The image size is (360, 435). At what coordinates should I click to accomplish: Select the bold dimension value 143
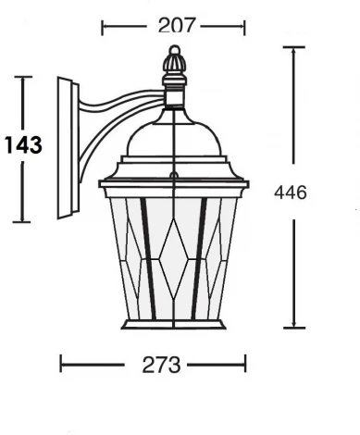pos(22,146)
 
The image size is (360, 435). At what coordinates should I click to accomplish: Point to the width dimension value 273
pos(155,364)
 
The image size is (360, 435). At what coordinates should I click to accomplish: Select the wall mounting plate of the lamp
pos(66,148)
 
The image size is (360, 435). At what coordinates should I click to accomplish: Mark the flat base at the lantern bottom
pos(173,324)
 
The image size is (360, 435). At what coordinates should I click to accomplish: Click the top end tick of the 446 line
pos(294,48)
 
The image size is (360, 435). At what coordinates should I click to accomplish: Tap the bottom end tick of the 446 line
pos(294,327)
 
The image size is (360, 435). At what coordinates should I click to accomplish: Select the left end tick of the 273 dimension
pos(61,364)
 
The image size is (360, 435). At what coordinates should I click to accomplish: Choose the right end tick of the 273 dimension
pos(246,364)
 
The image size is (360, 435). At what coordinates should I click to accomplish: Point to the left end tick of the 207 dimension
pos(102,27)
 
